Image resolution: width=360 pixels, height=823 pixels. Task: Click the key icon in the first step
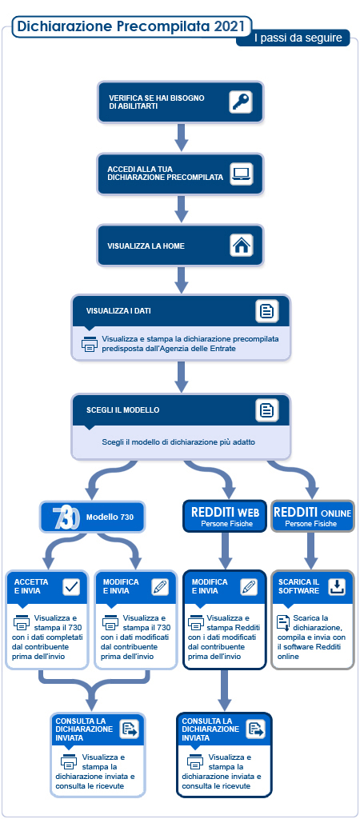pos(241,102)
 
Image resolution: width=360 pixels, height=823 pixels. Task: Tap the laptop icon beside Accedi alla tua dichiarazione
pos(242,174)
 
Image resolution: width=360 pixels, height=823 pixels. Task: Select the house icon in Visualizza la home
pos(242,245)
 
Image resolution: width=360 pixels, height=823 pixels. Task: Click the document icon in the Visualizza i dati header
pos(267,310)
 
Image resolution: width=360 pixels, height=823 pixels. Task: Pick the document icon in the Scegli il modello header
pos(267,410)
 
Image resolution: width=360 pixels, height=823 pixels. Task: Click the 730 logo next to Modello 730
pos(66,517)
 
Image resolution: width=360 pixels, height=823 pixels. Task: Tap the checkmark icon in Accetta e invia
pos(71,587)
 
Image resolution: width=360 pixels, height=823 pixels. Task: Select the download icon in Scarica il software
pos(337,587)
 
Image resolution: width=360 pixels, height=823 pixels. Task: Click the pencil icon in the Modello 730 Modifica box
pos(159,587)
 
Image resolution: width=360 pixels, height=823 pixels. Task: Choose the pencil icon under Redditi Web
pos(249,587)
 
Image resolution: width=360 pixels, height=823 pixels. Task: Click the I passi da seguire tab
pos(293,38)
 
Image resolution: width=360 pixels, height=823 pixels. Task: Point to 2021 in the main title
pos(229,26)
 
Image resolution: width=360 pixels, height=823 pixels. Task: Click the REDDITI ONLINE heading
pos(312,512)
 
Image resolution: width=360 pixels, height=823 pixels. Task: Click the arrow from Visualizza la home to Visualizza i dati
pos(181,280)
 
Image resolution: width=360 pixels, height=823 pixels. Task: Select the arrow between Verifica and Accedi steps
pos(181,138)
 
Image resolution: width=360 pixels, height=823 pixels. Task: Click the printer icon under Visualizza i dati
pos(90,343)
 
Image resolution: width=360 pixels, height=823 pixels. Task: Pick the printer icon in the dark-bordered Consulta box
pos(195,761)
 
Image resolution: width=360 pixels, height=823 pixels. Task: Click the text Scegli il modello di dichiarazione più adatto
pos(178,442)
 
